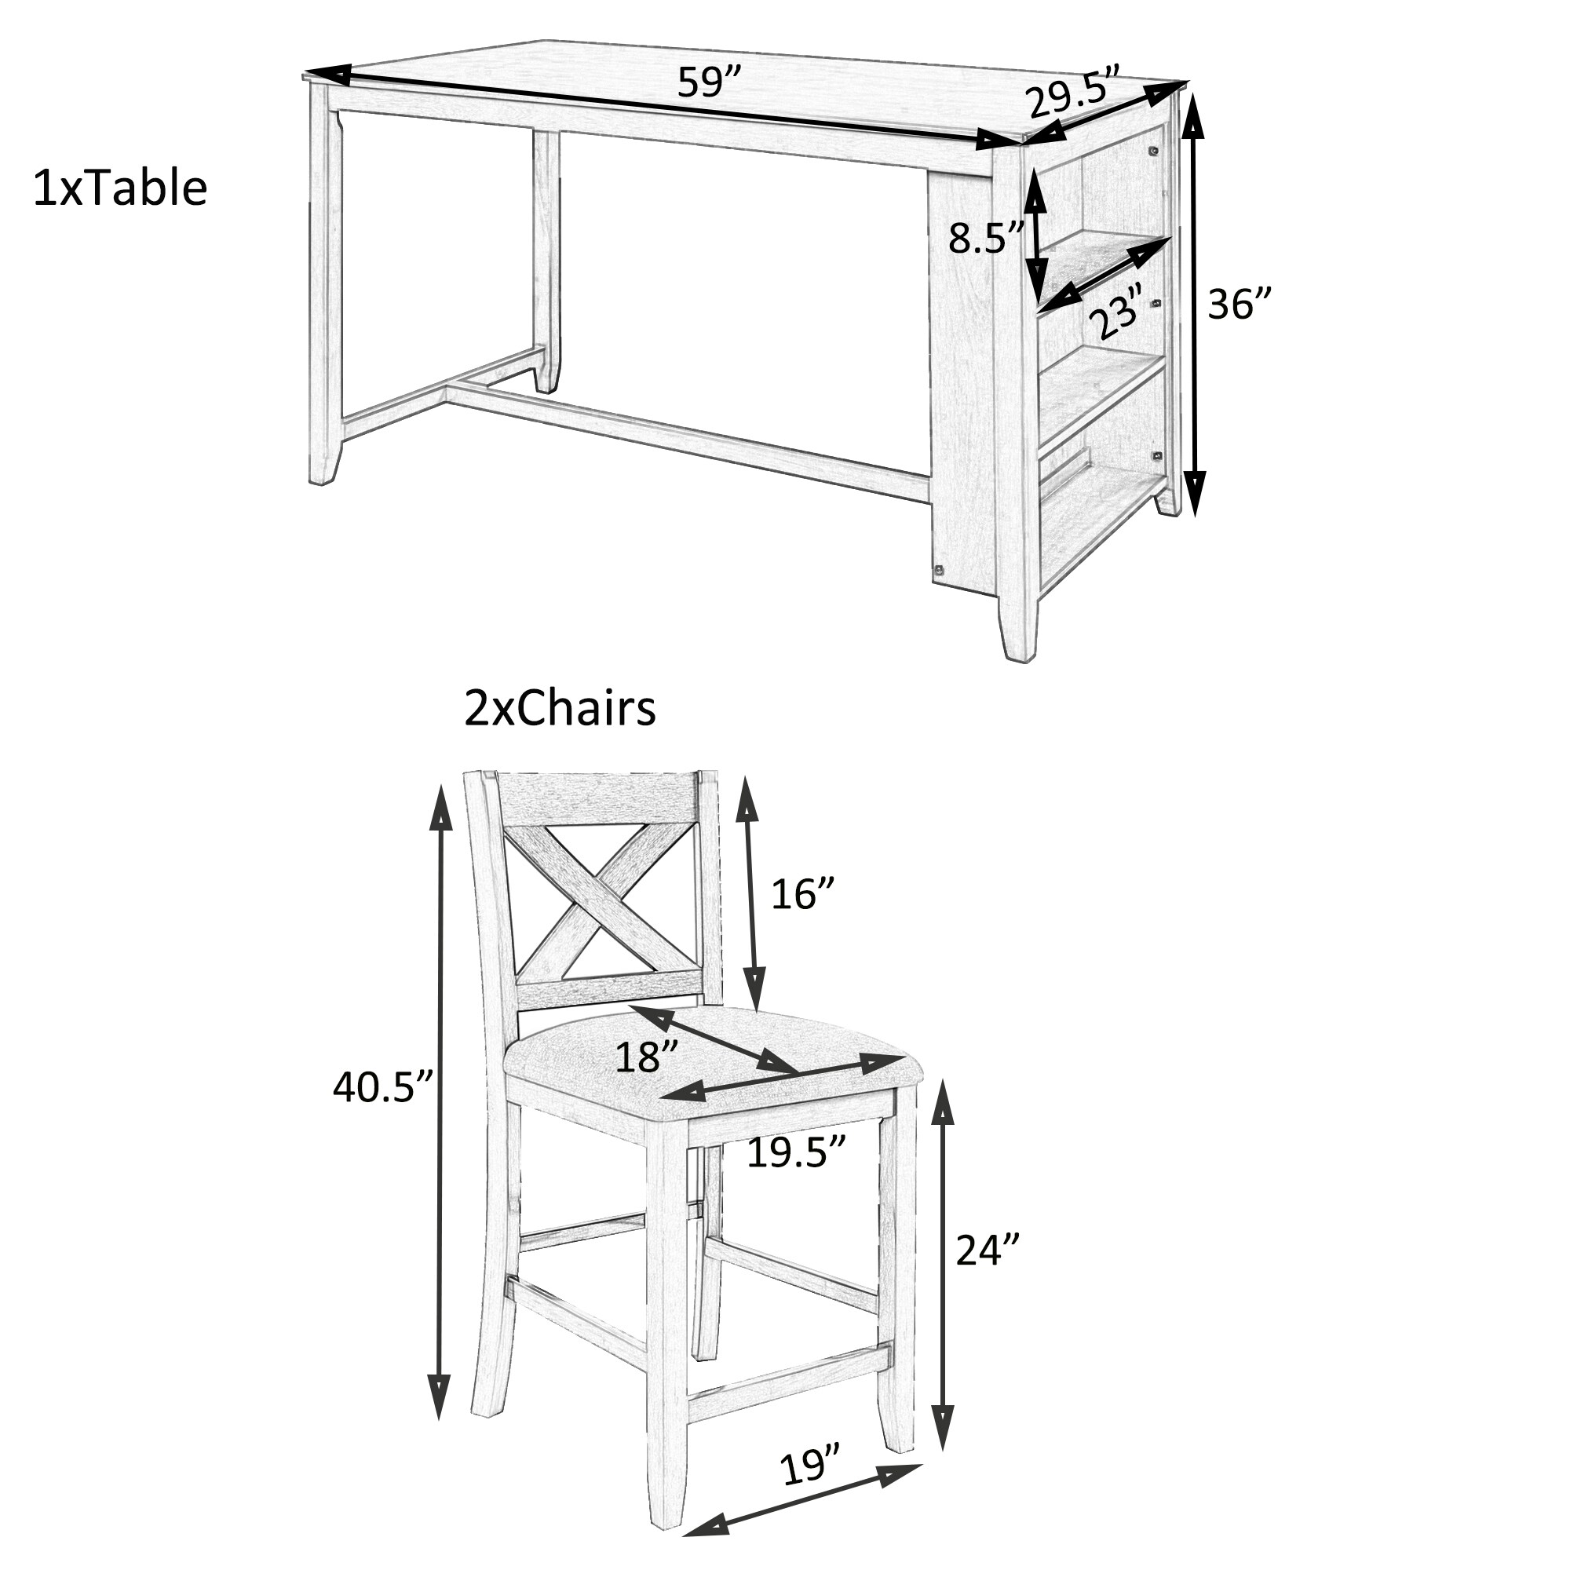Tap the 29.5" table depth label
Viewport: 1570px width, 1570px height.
pos(1072,91)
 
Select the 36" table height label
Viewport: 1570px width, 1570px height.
pos(1238,305)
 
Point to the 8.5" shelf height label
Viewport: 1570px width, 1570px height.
pos(986,238)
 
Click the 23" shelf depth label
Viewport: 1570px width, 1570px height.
pos(1118,310)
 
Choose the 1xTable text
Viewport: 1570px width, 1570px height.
pos(119,188)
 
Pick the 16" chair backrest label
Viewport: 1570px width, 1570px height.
pos(802,894)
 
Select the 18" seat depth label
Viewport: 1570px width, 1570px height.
pos(647,1057)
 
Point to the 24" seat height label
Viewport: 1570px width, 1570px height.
pos(987,1250)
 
